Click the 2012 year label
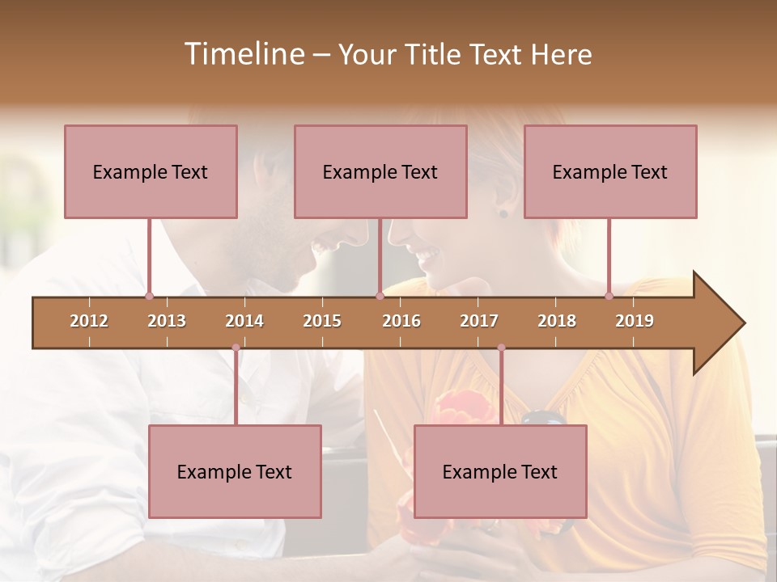coord(89,321)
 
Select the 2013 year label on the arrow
coord(167,321)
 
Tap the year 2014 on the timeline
coord(244,321)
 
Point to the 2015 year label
coord(322,321)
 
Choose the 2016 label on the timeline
coord(401,321)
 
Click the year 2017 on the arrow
coord(479,321)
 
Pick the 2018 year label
coord(557,321)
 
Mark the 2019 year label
coord(635,321)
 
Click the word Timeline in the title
coord(242,54)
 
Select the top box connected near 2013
coord(151,171)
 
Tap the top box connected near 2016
coord(380,171)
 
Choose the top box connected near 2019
coord(610,171)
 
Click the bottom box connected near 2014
coord(235,471)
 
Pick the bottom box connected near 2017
coord(500,471)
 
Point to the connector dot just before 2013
coord(149,297)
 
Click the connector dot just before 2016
coord(380,297)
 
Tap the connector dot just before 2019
coord(609,297)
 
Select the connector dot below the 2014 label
coord(236,348)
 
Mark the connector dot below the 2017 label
coord(501,348)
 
